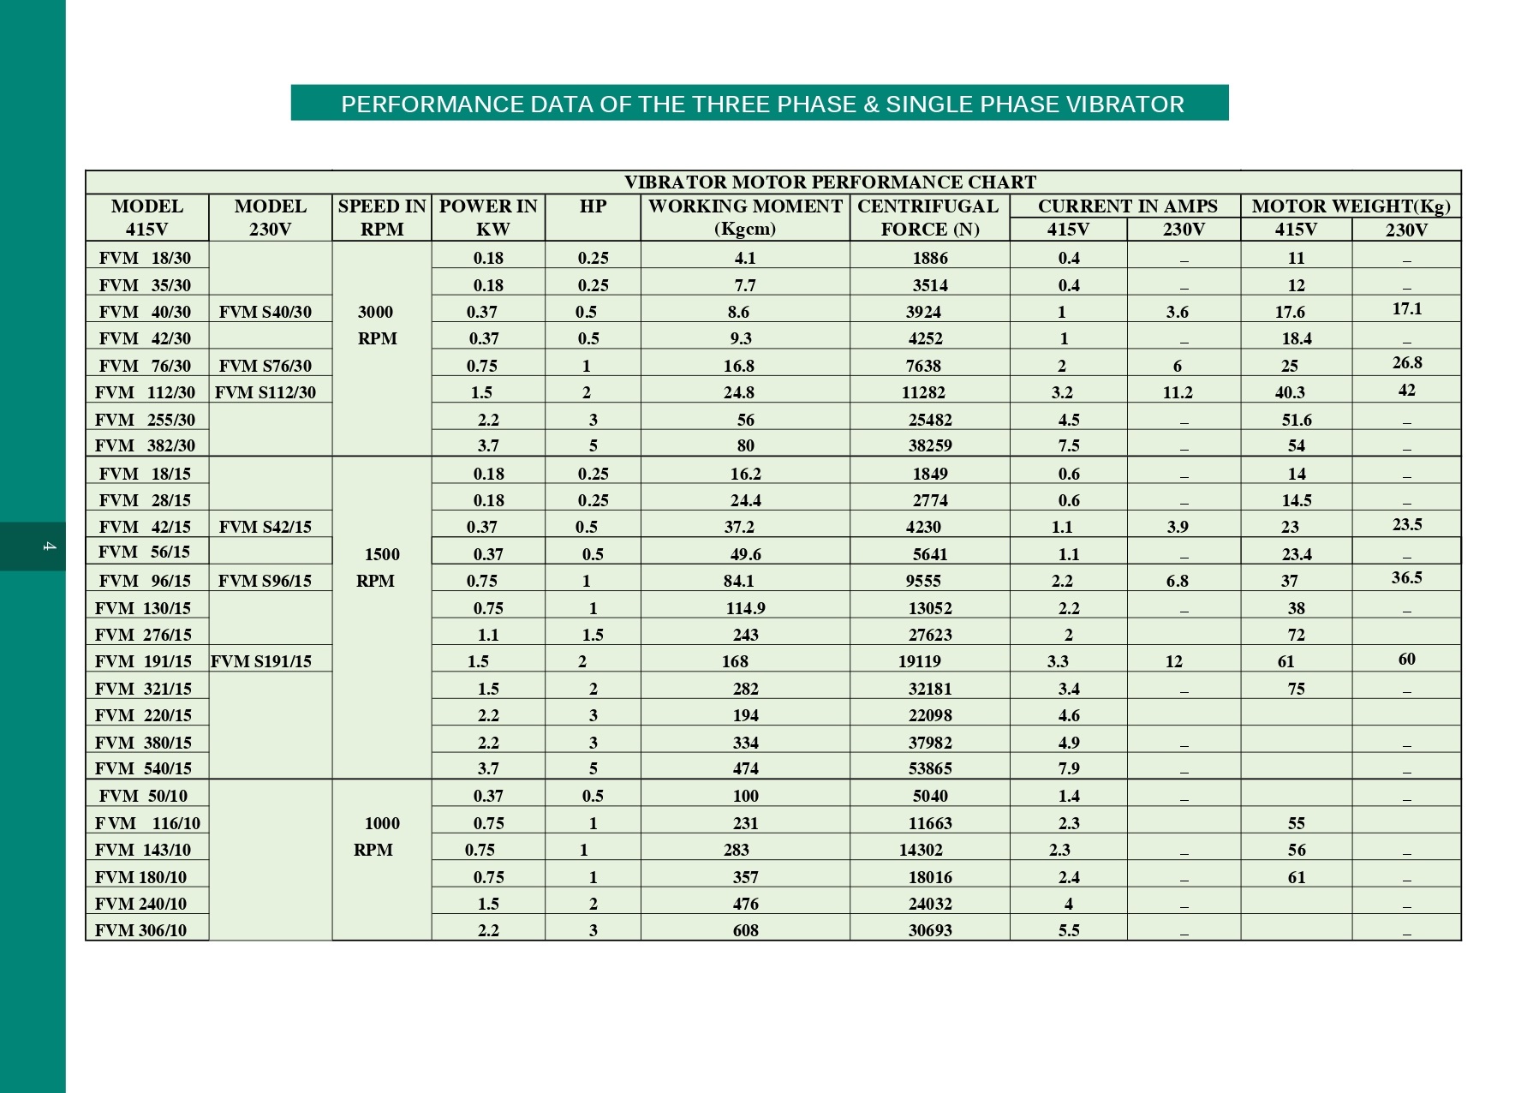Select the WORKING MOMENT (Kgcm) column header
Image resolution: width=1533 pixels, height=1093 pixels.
pyautogui.click(x=745, y=218)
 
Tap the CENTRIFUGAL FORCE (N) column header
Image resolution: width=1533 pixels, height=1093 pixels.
pyautogui.click(x=929, y=218)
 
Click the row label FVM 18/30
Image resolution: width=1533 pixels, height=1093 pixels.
pyautogui.click(x=145, y=258)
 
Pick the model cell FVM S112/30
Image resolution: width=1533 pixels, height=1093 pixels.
pyautogui.click(x=265, y=392)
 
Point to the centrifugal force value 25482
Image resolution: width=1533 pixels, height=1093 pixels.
pyautogui.click(x=930, y=420)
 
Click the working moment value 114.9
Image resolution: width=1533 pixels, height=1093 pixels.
pyautogui.click(x=745, y=608)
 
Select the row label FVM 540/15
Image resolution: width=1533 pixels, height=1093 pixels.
pyautogui.click(x=143, y=768)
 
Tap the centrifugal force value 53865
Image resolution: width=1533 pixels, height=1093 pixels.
pyautogui.click(x=930, y=768)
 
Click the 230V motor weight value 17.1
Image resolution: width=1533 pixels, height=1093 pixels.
pyautogui.click(x=1406, y=308)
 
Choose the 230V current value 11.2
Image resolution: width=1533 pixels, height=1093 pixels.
pyautogui.click(x=1178, y=392)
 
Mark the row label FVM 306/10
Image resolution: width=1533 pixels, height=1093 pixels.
pyautogui.click(x=140, y=930)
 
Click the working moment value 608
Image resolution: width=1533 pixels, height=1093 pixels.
pyautogui.click(x=745, y=930)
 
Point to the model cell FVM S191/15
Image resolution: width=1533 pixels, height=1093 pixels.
pyautogui.click(x=261, y=661)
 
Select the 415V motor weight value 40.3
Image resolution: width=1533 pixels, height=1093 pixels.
pyautogui.click(x=1290, y=392)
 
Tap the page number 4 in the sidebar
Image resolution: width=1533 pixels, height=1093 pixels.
pyautogui.click(x=49, y=546)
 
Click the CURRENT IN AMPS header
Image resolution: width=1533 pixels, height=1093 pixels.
pyautogui.click(x=1127, y=206)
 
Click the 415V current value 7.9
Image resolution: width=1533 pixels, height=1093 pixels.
pyautogui.click(x=1069, y=768)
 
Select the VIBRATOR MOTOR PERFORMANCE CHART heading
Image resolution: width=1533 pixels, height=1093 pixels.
pyautogui.click(x=829, y=182)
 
